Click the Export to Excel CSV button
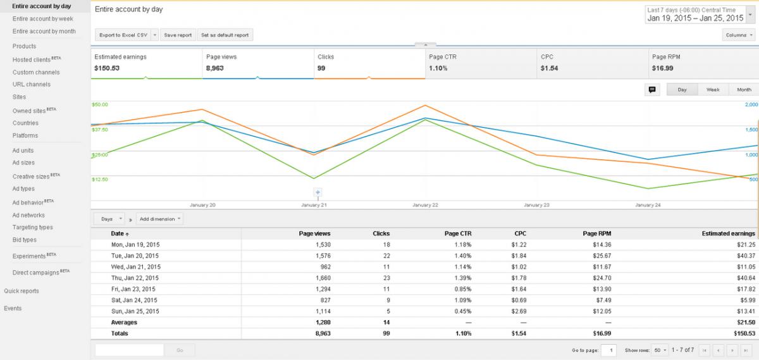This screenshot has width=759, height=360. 123,35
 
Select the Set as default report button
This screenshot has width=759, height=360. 225,35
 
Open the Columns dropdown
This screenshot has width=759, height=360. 739,35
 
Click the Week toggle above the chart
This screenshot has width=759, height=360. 713,89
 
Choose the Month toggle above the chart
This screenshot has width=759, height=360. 744,89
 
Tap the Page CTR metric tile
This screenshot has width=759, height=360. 481,64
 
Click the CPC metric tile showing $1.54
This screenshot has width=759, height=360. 593,64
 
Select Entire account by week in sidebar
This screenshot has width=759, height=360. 43,18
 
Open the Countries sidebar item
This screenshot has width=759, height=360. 25,123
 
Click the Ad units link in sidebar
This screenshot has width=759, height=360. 23,150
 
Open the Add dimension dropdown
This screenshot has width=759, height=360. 159,219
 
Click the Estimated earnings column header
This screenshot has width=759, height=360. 728,233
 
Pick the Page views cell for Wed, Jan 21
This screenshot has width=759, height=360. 326,267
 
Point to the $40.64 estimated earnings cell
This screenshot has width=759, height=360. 746,278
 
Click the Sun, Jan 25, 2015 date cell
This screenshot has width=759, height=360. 135,311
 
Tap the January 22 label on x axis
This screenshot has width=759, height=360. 425,205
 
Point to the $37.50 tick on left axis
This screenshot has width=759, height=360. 100,130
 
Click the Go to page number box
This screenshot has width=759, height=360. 608,350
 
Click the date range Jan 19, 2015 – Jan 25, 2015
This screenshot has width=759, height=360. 695,18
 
